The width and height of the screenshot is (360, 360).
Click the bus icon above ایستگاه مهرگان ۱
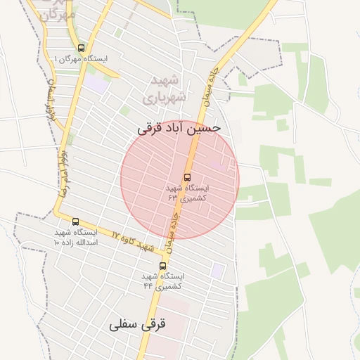point(82,49)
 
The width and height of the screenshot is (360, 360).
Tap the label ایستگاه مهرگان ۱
point(82,59)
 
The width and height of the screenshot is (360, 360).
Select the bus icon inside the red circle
point(187,177)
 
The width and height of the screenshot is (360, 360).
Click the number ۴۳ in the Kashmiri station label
point(173,198)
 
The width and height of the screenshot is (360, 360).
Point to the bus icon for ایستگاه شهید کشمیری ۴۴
point(163,266)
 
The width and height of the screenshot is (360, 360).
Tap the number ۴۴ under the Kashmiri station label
point(148,286)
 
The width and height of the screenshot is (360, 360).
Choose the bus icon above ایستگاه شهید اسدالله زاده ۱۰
point(76,222)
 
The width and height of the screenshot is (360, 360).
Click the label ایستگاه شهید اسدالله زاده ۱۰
point(76,237)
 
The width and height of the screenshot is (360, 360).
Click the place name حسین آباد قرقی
point(179,129)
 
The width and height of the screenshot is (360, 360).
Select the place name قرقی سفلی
point(137,326)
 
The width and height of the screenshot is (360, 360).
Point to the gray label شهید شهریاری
point(167,90)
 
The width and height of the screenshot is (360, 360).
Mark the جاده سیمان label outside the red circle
point(209,89)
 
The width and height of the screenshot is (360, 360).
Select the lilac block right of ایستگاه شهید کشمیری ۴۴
point(218,270)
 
